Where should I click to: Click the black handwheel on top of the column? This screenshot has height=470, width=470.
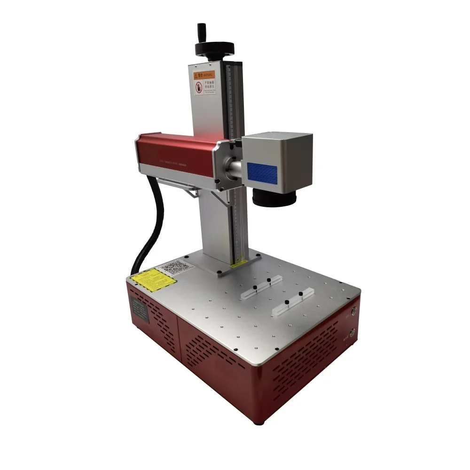(214, 49)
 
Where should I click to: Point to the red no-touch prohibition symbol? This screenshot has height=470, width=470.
(199, 88)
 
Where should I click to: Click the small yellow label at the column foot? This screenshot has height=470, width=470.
(238, 265)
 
